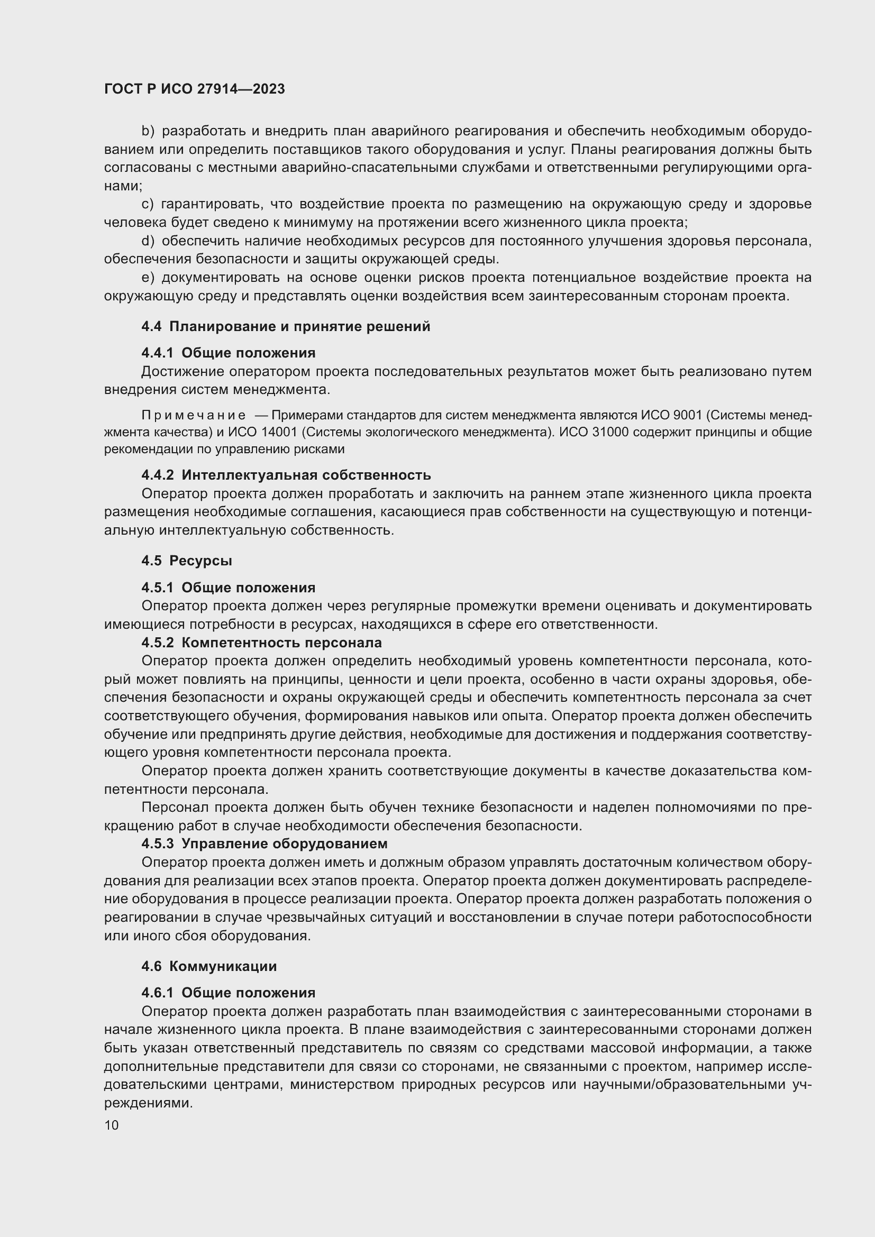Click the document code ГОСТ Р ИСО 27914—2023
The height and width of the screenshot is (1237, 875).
[195, 89]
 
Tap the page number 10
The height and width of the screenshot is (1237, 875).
[112, 1125]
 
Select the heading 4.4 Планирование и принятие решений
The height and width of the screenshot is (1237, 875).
[286, 326]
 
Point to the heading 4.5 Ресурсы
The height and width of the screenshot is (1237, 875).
[186, 560]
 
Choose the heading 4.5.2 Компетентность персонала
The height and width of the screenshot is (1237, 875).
[261, 642]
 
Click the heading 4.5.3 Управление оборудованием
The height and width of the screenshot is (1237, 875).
[264, 843]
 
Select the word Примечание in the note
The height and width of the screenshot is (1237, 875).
[194, 415]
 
